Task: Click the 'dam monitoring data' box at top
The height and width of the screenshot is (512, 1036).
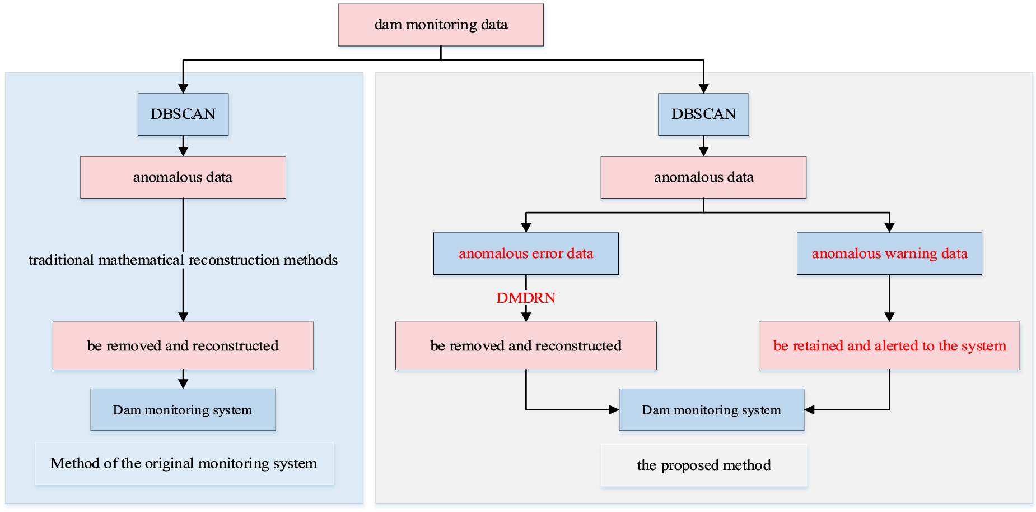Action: [x=440, y=25]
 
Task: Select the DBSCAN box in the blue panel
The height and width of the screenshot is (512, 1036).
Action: [x=183, y=114]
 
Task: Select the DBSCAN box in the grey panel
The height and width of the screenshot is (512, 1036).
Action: [x=703, y=114]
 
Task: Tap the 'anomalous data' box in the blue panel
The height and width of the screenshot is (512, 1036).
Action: [x=183, y=177]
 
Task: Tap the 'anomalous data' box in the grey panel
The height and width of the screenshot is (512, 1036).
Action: [x=703, y=177]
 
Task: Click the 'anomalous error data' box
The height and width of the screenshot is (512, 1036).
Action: [x=526, y=253]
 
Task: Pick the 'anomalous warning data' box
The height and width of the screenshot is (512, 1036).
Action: [x=889, y=253]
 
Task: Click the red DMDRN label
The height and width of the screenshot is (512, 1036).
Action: [x=526, y=298]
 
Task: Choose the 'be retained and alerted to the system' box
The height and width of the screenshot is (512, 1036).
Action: [x=889, y=346]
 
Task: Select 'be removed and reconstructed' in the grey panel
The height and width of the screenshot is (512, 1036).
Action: [x=526, y=346]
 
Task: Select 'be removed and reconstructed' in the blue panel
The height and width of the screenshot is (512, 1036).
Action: [x=183, y=346]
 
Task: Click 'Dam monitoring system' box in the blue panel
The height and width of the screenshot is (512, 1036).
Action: [x=183, y=410]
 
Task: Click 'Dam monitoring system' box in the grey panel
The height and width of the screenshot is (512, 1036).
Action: [x=711, y=410]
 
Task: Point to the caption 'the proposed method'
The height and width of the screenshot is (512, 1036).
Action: [x=704, y=465]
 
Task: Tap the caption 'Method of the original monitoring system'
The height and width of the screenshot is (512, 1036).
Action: [x=184, y=463]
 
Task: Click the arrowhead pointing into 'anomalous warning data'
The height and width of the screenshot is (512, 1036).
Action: [x=889, y=228]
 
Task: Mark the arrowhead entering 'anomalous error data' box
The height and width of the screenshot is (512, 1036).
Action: [x=526, y=228]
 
